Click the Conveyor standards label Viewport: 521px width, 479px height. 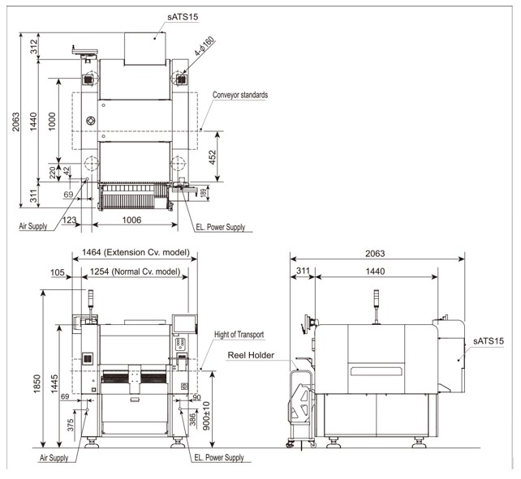click(x=240, y=95)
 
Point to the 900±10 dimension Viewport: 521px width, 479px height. click(x=208, y=416)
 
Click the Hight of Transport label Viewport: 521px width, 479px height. click(x=239, y=334)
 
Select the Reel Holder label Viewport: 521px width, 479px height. click(x=251, y=355)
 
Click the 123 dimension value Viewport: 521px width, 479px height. click(x=70, y=220)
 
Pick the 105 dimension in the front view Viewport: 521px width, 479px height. click(x=58, y=272)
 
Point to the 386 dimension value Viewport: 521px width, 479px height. click(x=192, y=421)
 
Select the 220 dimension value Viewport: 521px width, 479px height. click(x=53, y=171)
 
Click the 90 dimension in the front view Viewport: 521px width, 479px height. click(x=196, y=397)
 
